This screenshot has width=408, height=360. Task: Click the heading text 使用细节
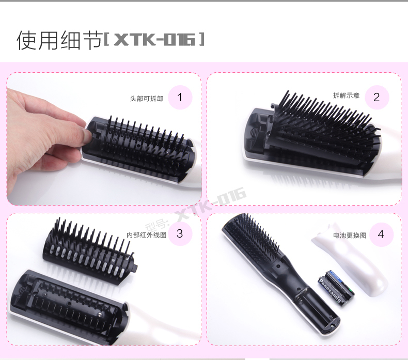pyautogui.click(x=59, y=40)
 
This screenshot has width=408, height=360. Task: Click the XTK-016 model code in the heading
pyautogui.click(x=154, y=40)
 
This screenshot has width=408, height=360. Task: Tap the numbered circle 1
pyautogui.click(x=180, y=97)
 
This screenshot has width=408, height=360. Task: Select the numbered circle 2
pyautogui.click(x=377, y=97)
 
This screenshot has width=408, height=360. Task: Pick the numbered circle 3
pyautogui.click(x=180, y=233)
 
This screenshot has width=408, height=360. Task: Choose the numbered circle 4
pyautogui.click(x=381, y=234)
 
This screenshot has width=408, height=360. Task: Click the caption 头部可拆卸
pyautogui.click(x=147, y=99)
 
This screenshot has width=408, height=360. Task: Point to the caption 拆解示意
pyautogui.click(x=347, y=96)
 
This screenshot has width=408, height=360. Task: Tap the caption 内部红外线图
pyautogui.click(x=147, y=235)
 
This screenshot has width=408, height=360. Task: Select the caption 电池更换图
pyautogui.click(x=350, y=236)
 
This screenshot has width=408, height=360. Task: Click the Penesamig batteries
pyautogui.click(x=336, y=288)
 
